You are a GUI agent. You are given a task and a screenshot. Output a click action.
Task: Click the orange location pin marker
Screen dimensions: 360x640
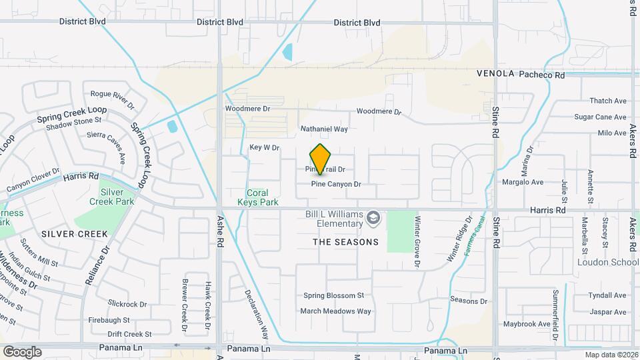coord(321,158)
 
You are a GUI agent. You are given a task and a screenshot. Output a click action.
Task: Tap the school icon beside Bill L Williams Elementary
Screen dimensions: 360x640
coord(375,217)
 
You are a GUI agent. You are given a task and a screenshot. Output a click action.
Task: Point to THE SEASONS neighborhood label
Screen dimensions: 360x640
coord(345,242)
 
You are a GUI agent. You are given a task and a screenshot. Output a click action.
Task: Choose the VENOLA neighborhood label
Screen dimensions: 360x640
coord(495,74)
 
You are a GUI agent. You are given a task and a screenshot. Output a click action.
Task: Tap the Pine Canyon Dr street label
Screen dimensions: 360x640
coord(335,184)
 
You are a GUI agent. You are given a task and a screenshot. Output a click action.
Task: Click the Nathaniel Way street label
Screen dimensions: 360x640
coord(325,129)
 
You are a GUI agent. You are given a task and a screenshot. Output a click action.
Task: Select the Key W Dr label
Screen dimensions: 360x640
coord(264,147)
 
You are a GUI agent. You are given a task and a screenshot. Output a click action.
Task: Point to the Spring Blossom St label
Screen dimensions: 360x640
coord(333,295)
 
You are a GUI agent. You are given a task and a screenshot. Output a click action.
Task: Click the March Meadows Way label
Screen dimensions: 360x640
coord(335,311)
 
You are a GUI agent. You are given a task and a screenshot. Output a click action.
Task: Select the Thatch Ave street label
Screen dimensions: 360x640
coord(608,101)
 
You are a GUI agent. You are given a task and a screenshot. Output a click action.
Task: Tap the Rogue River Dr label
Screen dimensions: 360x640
coord(112,99)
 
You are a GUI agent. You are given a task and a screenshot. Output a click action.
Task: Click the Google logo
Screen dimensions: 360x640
coord(22,351)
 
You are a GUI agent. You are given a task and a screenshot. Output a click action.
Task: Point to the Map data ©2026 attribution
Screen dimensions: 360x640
coord(611,355)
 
